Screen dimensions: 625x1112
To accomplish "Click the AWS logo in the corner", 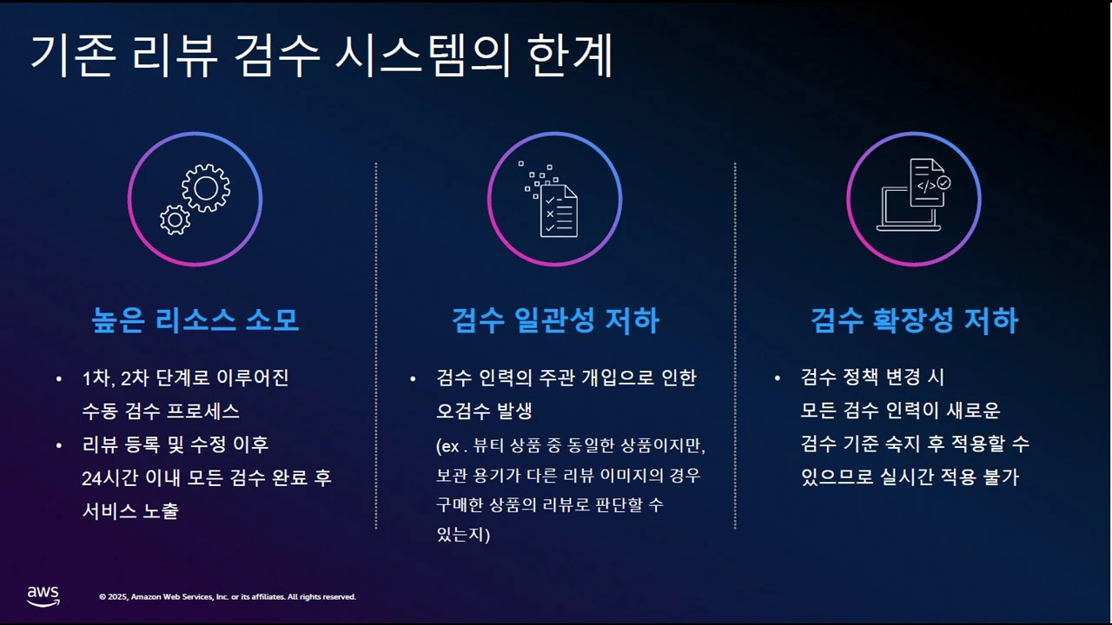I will pyautogui.click(x=43, y=595).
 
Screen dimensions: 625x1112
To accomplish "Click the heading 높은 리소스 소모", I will pyautogui.click(x=195, y=320).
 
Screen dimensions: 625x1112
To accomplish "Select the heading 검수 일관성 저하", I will pyautogui.click(x=555, y=320).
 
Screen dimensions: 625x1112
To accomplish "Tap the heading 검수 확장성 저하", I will pyautogui.click(x=914, y=320).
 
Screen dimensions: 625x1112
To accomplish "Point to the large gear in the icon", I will pyautogui.click(x=206, y=187).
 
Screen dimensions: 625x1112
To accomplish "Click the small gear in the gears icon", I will pyautogui.click(x=175, y=220).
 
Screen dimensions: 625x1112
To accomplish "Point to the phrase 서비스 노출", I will pyautogui.click(x=130, y=511).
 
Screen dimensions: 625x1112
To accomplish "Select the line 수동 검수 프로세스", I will pyautogui.click(x=161, y=411).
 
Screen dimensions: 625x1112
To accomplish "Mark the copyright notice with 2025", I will pyautogui.click(x=228, y=597).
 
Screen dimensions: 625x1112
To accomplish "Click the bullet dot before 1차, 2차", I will pyautogui.click(x=58, y=379).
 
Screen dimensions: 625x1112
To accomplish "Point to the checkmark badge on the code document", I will pyautogui.click(x=943, y=183).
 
